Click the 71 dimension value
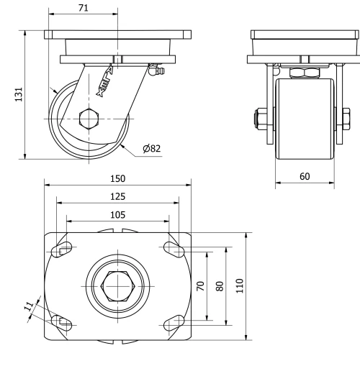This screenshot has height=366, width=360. tap(83, 8)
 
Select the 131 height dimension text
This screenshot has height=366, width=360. tap(19, 94)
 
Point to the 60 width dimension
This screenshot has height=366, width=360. tap(305, 176)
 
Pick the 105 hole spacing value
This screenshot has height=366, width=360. tap(117, 214)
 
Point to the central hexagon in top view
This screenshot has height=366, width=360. tap(118, 286)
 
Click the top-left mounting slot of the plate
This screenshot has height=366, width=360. tap(63, 249)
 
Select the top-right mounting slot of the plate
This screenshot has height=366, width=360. tap(174, 249)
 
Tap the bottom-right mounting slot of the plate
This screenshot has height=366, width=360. tap(174, 323)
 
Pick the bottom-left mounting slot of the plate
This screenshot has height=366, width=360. tap(63, 323)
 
